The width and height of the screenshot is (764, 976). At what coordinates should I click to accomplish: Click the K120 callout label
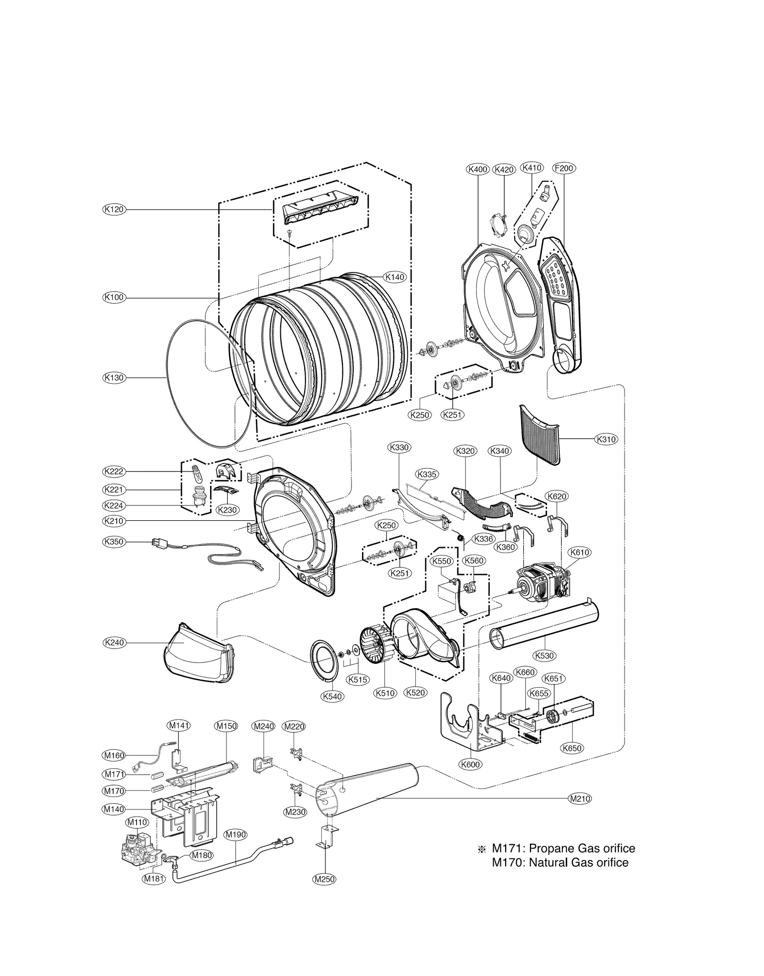tap(114, 209)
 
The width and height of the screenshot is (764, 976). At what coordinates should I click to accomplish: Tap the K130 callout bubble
tap(114, 378)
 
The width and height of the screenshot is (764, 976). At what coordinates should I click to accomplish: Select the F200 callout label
tap(563, 168)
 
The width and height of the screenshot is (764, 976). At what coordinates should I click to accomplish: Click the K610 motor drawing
tap(542, 584)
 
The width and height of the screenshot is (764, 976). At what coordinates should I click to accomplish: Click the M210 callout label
tap(580, 798)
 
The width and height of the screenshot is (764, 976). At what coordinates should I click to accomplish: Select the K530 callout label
tap(545, 655)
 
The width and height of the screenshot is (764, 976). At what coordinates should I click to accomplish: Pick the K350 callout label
tap(114, 542)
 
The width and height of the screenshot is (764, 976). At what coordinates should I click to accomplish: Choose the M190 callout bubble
tap(235, 834)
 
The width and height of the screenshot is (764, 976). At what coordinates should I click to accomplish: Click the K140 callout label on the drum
tap(395, 277)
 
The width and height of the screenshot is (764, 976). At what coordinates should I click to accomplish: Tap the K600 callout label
tap(470, 764)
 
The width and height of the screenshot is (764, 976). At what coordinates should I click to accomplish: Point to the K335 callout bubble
tap(427, 474)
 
